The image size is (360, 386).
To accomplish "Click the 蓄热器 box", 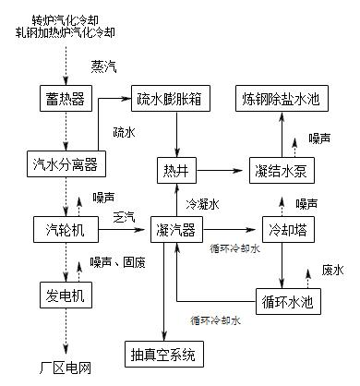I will [65, 97].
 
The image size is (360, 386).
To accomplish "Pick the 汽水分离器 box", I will [65, 164].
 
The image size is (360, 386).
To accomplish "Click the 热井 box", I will [175, 171].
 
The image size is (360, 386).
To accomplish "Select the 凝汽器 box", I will [175, 228].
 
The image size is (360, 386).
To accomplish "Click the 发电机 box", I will [65, 296].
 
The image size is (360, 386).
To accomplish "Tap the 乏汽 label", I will [122, 217].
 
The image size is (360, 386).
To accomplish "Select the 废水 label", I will [332, 271].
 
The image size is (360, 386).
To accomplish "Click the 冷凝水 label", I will [203, 203].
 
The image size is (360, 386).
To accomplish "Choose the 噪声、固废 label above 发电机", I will [118, 262].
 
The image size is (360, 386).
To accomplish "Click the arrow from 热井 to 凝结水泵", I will [222, 171].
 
